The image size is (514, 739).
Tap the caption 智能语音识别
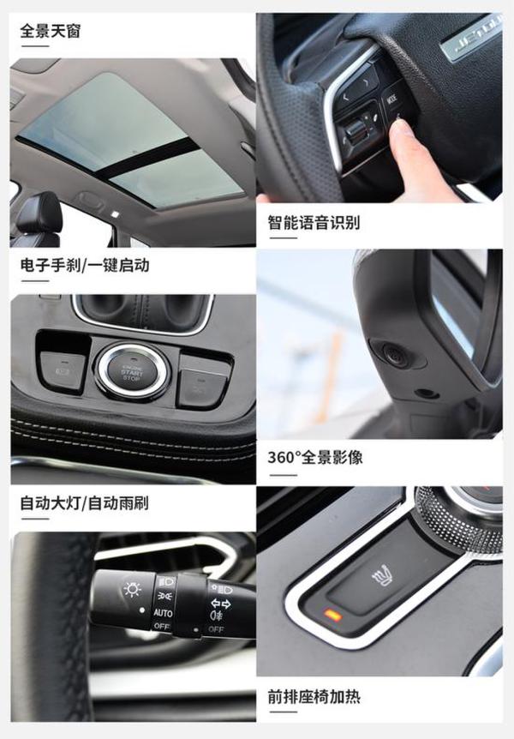pos(314,223)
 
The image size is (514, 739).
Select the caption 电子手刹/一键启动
pos(85,266)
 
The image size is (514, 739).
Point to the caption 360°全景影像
pos(314,458)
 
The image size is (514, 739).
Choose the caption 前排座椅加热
pos(314,696)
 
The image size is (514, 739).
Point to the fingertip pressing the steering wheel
pos(400,129)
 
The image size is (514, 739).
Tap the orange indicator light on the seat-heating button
pos(333,616)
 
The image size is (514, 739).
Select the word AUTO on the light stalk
pos(163,613)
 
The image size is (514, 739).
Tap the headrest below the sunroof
pos(39,210)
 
